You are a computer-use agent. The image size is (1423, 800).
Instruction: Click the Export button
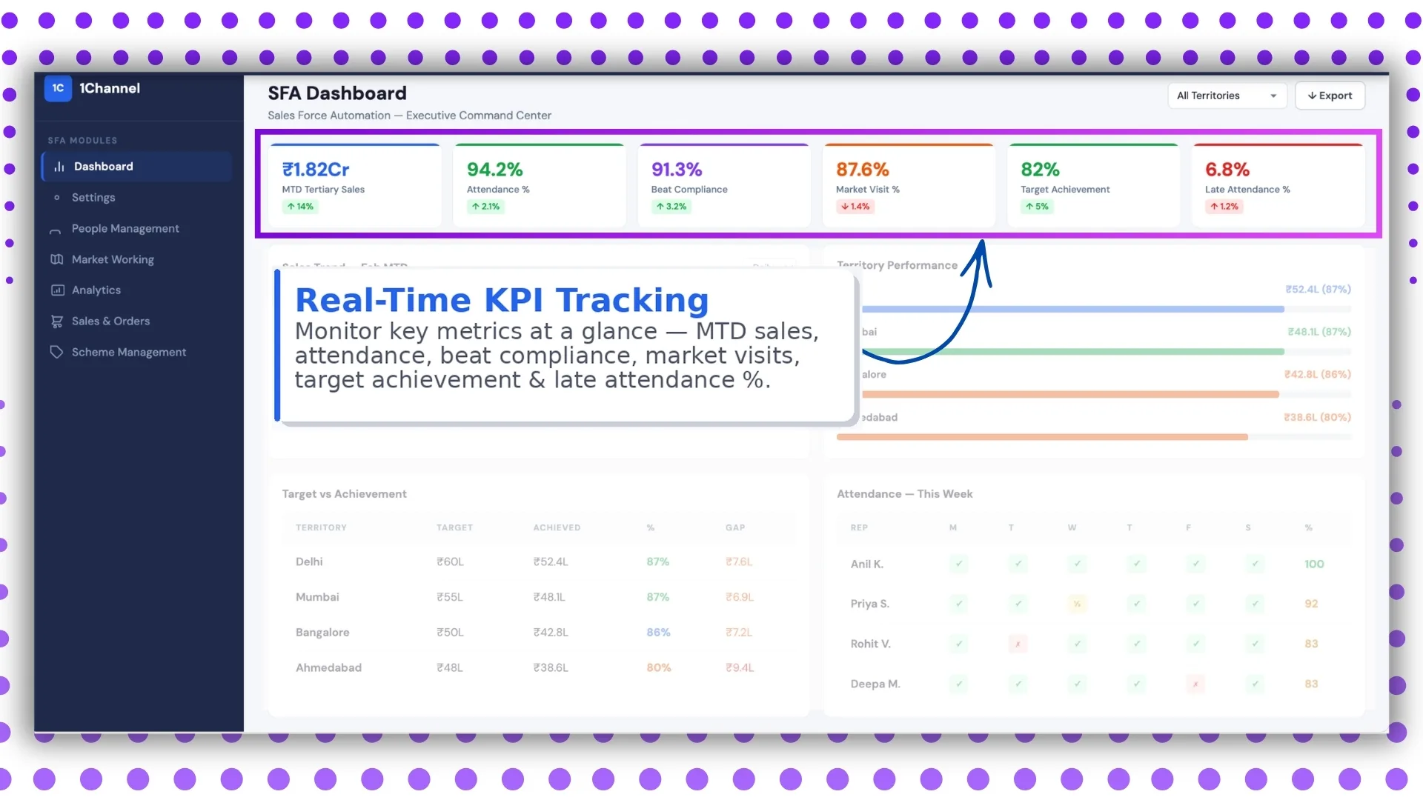pyautogui.click(x=1330, y=96)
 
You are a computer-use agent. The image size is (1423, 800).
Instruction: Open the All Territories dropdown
pyautogui.click(x=1227, y=96)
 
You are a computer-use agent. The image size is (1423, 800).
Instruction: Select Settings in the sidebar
pyautogui.click(x=93, y=198)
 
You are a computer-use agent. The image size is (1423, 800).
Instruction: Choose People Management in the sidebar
pyautogui.click(x=125, y=229)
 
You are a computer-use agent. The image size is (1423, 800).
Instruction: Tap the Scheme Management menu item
pyautogui.click(x=128, y=353)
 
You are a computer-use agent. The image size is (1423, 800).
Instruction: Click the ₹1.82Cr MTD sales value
pyautogui.click(x=316, y=170)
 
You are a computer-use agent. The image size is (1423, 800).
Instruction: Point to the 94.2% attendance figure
pyautogui.click(x=494, y=170)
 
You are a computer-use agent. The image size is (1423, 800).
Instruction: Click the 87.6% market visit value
pyautogui.click(x=862, y=170)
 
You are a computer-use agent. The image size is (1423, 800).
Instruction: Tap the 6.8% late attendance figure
pyautogui.click(x=1227, y=170)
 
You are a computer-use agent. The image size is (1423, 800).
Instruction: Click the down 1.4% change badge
pyautogui.click(x=855, y=207)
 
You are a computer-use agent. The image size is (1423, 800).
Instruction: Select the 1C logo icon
pyautogui.click(x=58, y=88)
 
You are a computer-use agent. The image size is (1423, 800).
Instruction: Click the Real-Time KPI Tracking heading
pyautogui.click(x=502, y=300)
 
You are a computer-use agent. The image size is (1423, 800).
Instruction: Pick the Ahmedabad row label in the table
pyautogui.click(x=328, y=668)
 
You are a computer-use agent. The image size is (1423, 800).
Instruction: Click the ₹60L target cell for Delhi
pyautogui.click(x=450, y=562)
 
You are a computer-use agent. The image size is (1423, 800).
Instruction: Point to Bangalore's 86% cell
pyautogui.click(x=658, y=633)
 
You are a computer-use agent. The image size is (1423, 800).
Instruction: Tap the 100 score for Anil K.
pyautogui.click(x=1314, y=564)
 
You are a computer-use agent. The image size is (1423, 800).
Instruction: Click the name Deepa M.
pyautogui.click(x=875, y=684)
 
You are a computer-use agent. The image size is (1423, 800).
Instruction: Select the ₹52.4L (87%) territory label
pyautogui.click(x=1318, y=290)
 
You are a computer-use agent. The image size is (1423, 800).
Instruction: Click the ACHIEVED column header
pyautogui.click(x=557, y=528)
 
